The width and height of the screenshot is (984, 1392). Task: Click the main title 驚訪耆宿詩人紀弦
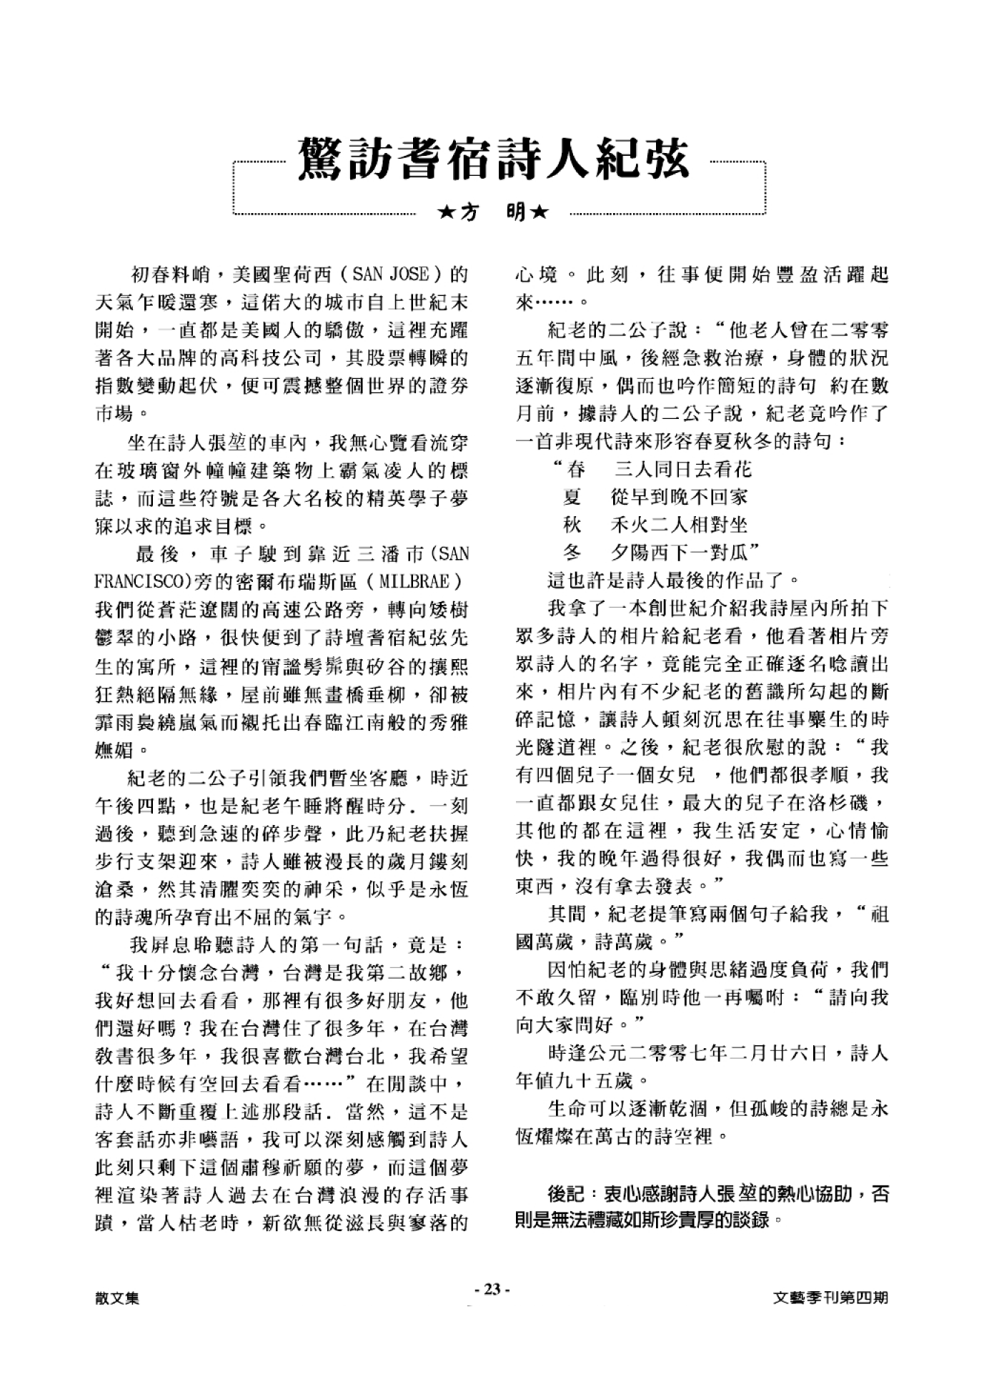click(x=493, y=159)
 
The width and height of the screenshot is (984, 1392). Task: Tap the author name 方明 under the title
click(x=493, y=212)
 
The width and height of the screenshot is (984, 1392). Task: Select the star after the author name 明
click(x=540, y=212)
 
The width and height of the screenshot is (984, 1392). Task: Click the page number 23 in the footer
click(x=492, y=1289)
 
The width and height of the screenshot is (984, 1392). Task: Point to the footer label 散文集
click(x=116, y=1297)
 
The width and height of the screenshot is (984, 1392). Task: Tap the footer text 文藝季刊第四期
click(x=831, y=1297)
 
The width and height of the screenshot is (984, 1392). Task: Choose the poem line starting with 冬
click(x=661, y=553)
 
